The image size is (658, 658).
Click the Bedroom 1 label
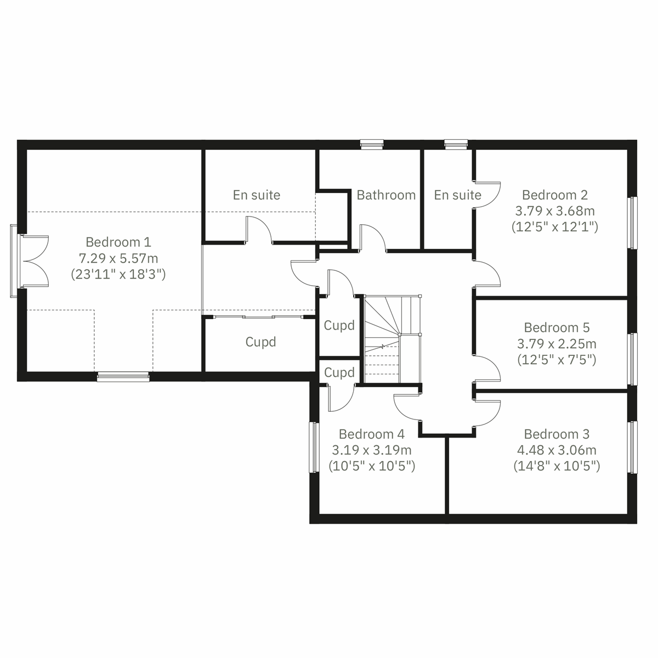pyautogui.click(x=118, y=242)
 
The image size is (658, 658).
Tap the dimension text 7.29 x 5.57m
pyautogui.click(x=118, y=258)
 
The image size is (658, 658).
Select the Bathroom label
pyautogui.click(x=385, y=195)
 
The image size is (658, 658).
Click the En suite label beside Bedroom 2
pyautogui.click(x=457, y=195)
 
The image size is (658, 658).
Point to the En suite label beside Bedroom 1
pyautogui.click(x=256, y=195)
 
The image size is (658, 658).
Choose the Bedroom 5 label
pyautogui.click(x=557, y=327)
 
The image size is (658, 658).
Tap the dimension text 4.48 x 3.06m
pyautogui.click(x=557, y=450)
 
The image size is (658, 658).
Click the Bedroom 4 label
pyautogui.click(x=371, y=434)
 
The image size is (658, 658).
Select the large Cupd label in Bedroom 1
pyautogui.click(x=260, y=342)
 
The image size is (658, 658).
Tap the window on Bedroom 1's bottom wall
pyautogui.click(x=123, y=376)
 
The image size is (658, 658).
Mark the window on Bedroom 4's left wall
pyautogui.click(x=314, y=447)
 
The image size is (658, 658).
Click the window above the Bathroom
pyautogui.click(x=371, y=144)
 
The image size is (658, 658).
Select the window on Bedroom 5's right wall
pyautogui.click(x=633, y=359)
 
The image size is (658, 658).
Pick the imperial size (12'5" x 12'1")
pyautogui.click(x=554, y=226)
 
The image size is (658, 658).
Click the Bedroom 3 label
pyautogui.click(x=557, y=434)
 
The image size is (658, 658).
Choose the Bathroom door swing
pyautogui.click(x=373, y=237)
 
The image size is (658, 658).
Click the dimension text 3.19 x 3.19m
pyautogui.click(x=371, y=450)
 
